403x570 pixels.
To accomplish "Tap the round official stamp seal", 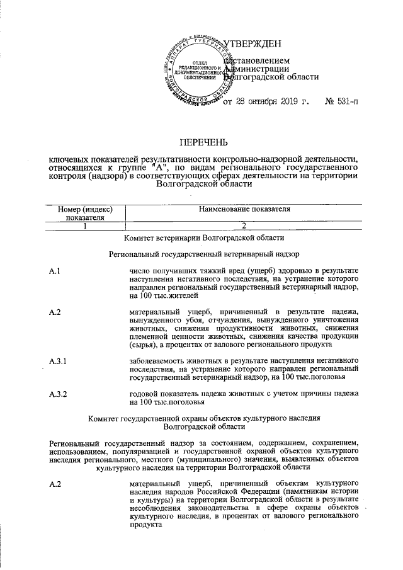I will [x=198, y=71].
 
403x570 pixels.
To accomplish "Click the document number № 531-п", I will [x=341, y=101].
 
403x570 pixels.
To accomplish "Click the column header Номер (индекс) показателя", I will [x=85, y=213].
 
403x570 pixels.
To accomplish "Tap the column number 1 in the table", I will [x=84, y=227].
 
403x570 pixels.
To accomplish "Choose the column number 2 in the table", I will [x=243, y=227].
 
